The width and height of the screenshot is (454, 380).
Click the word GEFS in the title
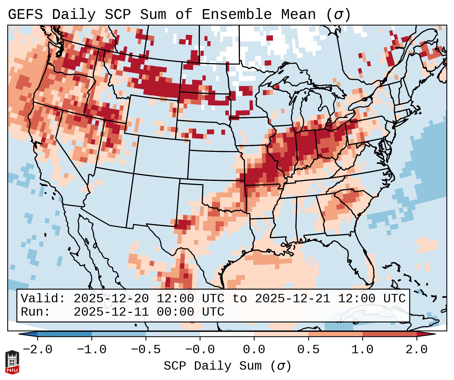coord(25,15)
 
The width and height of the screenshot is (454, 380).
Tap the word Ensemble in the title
coord(236,15)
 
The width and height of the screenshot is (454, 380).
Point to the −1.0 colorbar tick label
coord(91,350)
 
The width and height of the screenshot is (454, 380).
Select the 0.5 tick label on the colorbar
coord(308,350)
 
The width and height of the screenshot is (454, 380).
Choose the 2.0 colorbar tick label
coord(416,350)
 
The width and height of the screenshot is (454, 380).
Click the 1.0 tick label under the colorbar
coord(362,350)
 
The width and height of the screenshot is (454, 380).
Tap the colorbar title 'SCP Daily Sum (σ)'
coord(227,366)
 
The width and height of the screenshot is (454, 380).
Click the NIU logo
coord(12,362)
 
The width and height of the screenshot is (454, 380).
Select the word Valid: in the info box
coord(43,299)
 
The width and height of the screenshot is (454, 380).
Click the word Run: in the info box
coord(36,312)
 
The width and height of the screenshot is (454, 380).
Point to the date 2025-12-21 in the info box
coord(292,299)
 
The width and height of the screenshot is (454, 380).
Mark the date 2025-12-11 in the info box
coord(111,312)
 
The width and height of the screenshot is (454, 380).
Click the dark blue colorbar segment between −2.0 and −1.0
coord(64,334)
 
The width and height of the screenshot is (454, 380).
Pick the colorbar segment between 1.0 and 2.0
coord(389,334)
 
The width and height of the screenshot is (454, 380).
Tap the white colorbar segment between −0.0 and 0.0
coord(227,334)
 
